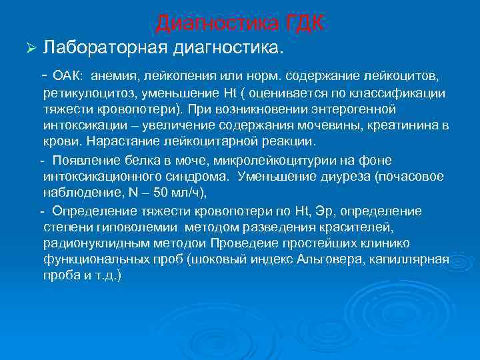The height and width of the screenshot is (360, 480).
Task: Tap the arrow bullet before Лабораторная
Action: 28,48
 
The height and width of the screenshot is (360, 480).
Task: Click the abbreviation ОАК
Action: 67,75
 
